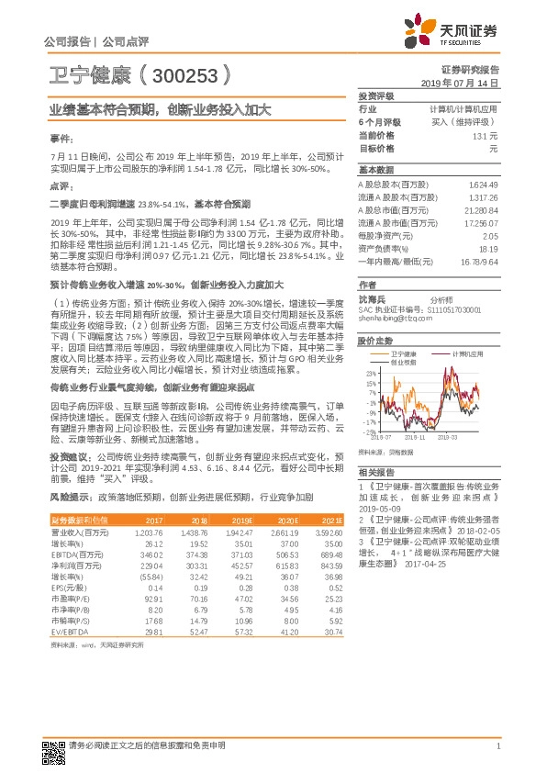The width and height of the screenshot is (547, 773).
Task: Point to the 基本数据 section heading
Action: (375, 171)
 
